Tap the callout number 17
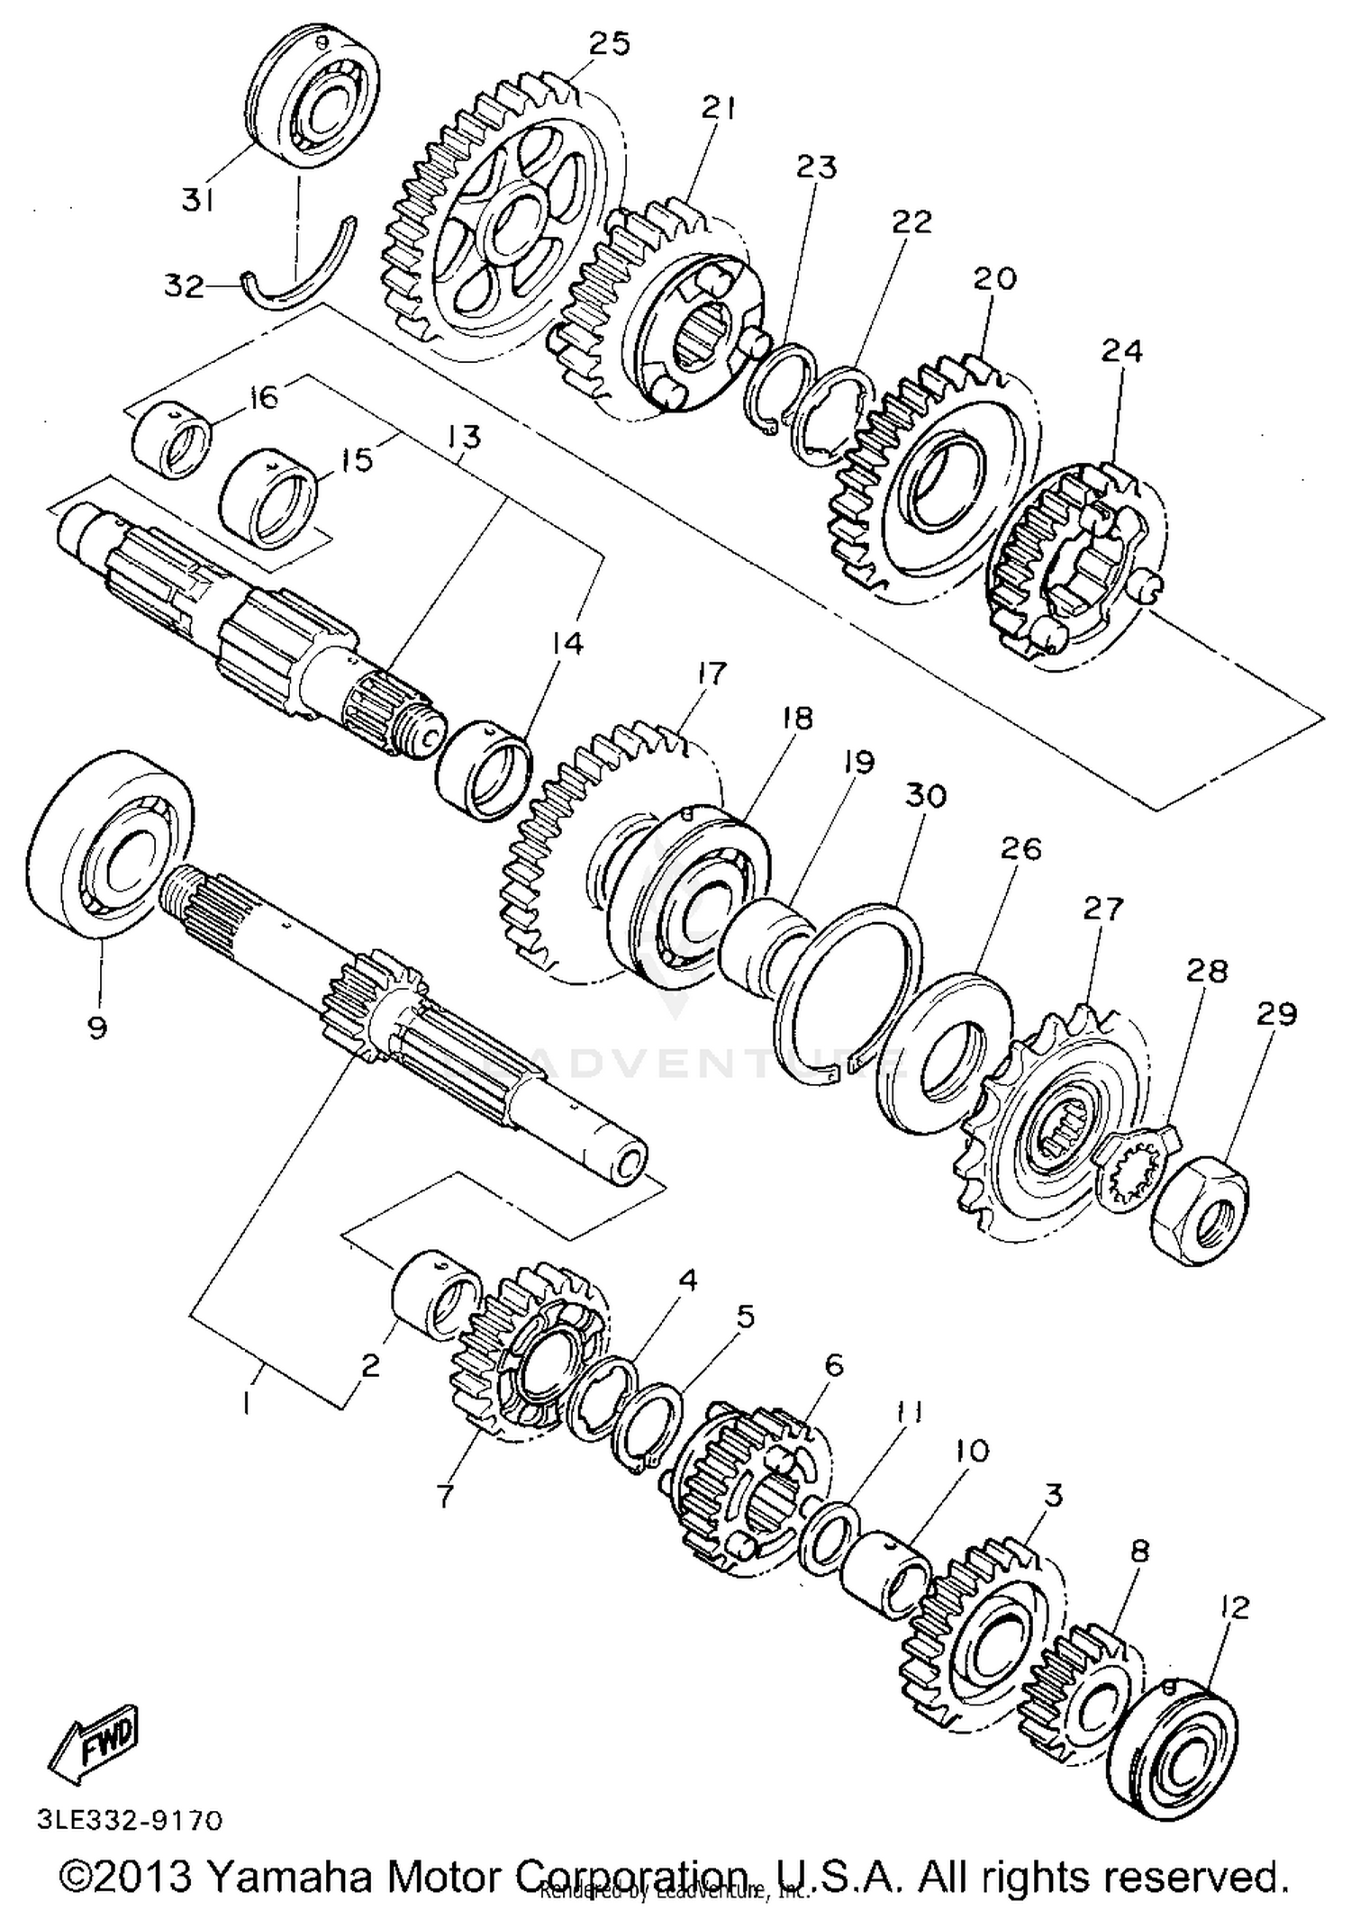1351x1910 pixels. tap(711, 673)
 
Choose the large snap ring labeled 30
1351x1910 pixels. tap(847, 991)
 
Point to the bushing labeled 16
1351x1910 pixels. tap(171, 439)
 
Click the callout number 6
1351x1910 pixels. tap(833, 1365)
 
